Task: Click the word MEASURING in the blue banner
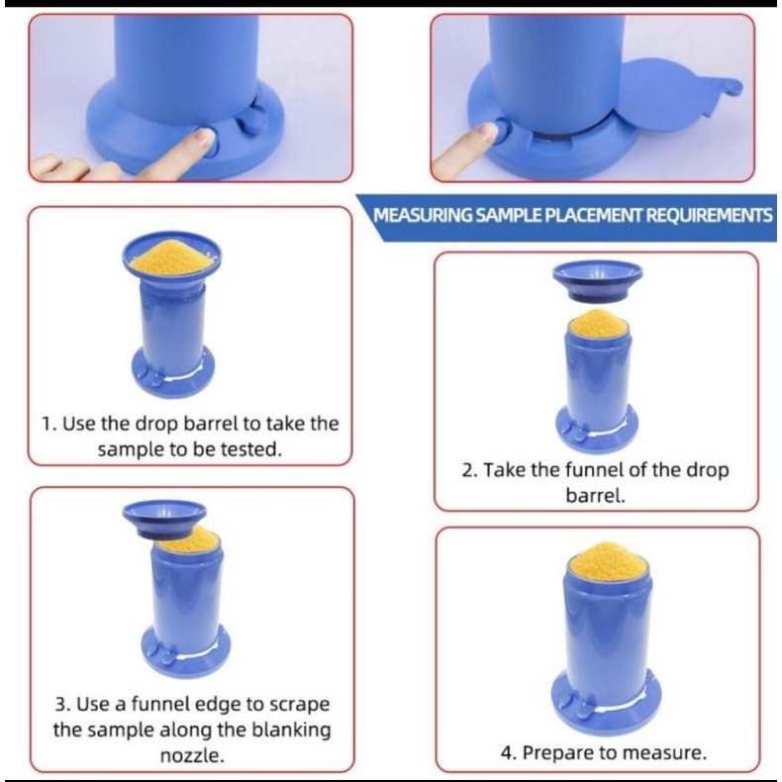click(423, 216)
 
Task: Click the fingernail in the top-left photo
click(204, 136)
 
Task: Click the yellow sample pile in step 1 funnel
click(171, 255)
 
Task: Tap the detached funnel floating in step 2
click(598, 281)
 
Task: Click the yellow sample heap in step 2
click(598, 322)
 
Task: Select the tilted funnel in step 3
click(164, 519)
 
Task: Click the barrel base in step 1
click(173, 370)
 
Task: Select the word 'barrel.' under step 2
click(595, 496)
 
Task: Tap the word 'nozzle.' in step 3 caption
click(192, 755)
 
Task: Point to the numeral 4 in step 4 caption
click(506, 752)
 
